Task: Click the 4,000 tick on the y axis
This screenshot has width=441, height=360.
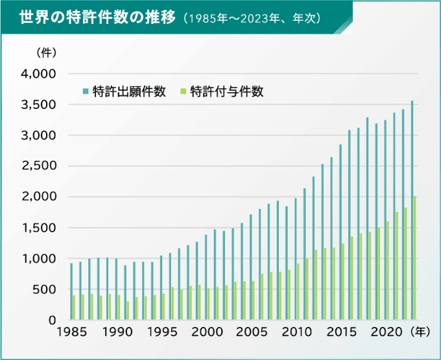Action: point(40,74)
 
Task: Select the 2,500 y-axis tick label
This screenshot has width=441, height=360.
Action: point(40,166)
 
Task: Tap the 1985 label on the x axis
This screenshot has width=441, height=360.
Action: point(71,333)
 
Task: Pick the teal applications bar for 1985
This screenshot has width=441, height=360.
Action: point(71,291)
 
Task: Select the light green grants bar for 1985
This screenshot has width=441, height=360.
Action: point(75,307)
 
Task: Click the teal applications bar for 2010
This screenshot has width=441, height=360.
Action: point(296,259)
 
